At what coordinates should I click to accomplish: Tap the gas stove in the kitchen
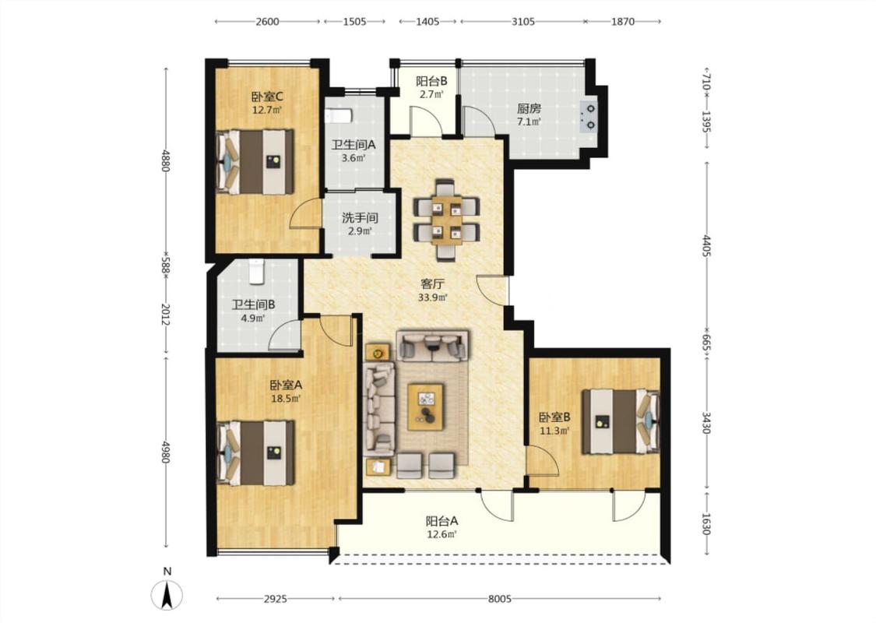[589, 116]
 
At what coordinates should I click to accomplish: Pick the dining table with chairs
[446, 220]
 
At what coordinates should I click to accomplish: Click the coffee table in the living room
[426, 407]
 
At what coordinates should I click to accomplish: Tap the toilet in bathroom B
[256, 271]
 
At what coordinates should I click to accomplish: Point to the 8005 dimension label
[499, 599]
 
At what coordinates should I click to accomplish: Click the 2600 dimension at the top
[267, 22]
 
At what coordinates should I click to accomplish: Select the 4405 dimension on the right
[706, 246]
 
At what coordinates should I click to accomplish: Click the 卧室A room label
[286, 385]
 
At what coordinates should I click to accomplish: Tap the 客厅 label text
[432, 283]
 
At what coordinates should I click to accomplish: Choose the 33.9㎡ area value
[433, 297]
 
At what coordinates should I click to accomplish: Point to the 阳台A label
[442, 521]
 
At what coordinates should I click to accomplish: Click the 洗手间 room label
[361, 217]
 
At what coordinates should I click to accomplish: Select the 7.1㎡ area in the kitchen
[529, 121]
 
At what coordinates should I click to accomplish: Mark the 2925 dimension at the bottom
[276, 599]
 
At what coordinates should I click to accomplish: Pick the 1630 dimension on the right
[706, 524]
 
